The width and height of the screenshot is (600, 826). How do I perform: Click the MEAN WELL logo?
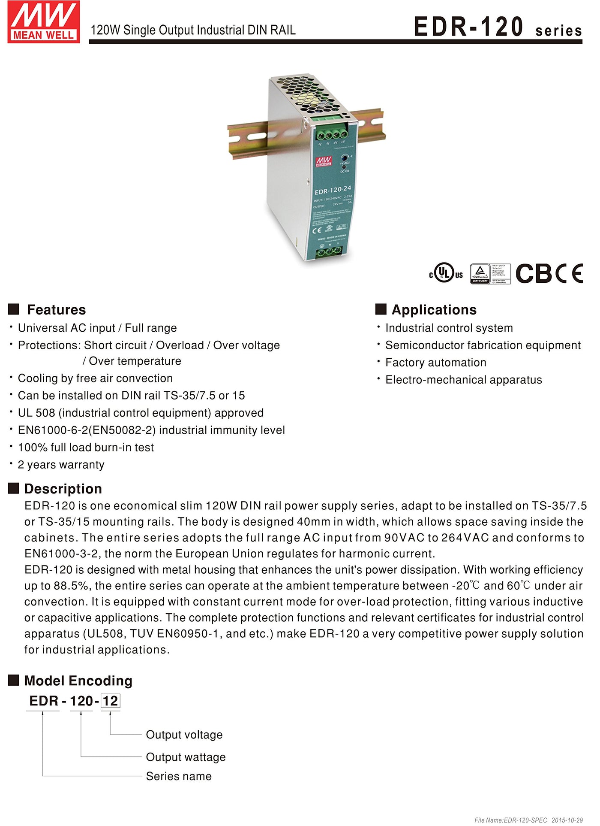43,22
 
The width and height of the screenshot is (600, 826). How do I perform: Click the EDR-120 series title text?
498,27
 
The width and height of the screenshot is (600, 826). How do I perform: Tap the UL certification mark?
446,273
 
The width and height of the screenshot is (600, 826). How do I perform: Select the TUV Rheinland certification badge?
490,273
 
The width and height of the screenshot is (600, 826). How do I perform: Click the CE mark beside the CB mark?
570,273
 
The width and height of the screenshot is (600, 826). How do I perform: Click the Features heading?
56,309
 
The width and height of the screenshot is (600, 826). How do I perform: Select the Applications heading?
434,309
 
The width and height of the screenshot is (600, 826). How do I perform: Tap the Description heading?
63,488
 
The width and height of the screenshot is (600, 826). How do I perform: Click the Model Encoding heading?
78,681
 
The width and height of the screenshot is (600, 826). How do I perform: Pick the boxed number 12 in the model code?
110,701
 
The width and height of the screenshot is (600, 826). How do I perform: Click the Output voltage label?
184,735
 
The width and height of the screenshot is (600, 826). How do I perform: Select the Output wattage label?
186,757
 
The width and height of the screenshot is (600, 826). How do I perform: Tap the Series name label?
179,776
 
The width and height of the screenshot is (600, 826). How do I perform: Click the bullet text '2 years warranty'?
61,465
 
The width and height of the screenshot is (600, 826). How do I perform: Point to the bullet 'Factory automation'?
435,363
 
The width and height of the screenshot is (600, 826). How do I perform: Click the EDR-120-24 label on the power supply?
333,190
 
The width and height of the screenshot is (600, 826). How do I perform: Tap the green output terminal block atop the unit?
331,134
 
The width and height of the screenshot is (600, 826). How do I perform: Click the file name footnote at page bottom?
528,820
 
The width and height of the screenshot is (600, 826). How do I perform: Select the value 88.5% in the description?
71,586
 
